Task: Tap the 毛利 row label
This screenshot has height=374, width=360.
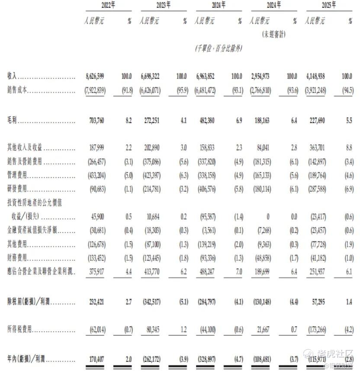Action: tap(13, 121)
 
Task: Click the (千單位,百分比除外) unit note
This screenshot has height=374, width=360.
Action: tap(219, 49)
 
